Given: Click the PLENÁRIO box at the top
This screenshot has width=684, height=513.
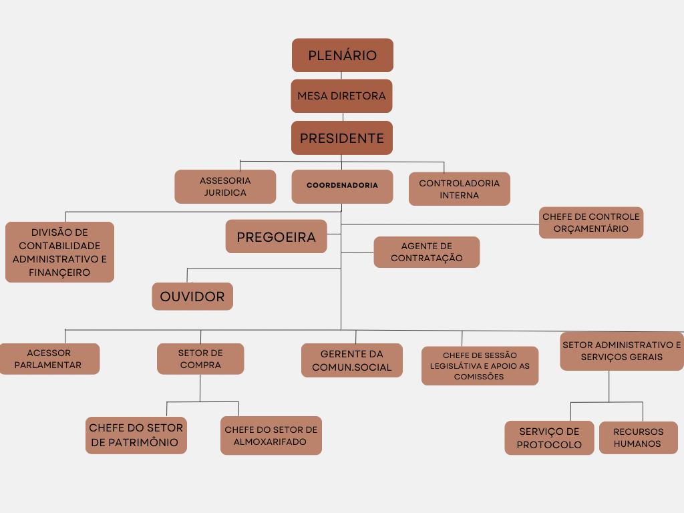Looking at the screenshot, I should tap(342, 55).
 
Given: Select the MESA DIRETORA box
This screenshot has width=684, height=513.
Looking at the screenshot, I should tap(341, 96).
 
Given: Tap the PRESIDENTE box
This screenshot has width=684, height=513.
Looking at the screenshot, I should tap(341, 138).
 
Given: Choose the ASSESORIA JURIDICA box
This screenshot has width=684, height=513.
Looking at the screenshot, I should tap(225, 187).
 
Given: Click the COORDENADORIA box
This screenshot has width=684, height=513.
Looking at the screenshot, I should tap(342, 186).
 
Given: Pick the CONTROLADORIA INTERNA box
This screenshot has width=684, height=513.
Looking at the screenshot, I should tap(459, 189).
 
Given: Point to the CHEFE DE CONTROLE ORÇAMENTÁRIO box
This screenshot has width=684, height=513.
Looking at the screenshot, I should tap(590, 222).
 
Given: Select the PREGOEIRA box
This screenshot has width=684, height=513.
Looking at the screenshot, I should tap(276, 237).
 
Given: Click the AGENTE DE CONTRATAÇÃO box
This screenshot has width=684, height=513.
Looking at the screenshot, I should tap(426, 252).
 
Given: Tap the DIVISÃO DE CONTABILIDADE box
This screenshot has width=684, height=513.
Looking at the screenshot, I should tap(59, 252).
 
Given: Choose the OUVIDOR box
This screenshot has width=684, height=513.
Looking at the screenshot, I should tap(192, 297).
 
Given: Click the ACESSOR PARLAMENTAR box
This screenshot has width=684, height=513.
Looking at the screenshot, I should tap(49, 359).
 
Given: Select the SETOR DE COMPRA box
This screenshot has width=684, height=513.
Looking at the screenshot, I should tap(200, 359).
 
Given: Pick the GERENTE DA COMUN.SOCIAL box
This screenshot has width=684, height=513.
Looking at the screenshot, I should tap(351, 361).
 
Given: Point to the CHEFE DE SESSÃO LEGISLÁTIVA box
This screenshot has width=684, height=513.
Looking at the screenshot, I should tap(480, 366).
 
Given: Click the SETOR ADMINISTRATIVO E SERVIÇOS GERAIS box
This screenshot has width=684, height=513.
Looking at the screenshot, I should tap(621, 351).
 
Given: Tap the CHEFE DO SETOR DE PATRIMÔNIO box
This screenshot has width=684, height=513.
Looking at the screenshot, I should tap(136, 436).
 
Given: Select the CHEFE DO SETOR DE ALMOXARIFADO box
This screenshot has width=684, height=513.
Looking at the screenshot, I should tap(271, 436).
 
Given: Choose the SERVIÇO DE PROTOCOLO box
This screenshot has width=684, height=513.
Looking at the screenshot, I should tap(549, 438).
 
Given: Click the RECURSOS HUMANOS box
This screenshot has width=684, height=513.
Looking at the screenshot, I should tap(638, 438).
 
